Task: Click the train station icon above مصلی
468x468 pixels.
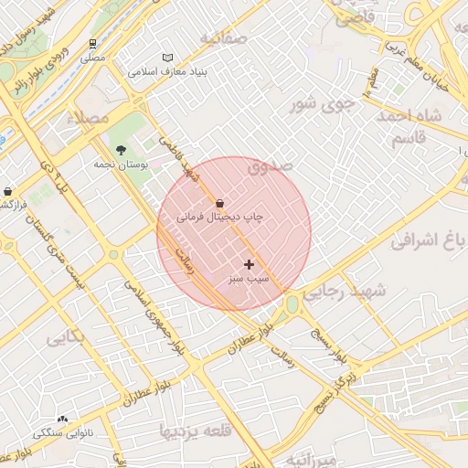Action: tap(93, 44)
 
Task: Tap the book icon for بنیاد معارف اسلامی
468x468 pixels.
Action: tap(167, 58)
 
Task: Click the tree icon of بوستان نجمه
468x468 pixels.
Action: tap(121, 150)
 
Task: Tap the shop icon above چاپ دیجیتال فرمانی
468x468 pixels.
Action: tap(219, 203)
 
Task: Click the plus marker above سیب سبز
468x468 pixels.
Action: tap(249, 263)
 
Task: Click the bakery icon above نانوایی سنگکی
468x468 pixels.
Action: tap(62, 418)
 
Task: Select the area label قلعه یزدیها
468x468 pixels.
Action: tap(196, 429)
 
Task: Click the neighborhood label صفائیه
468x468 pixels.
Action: tap(224, 38)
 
